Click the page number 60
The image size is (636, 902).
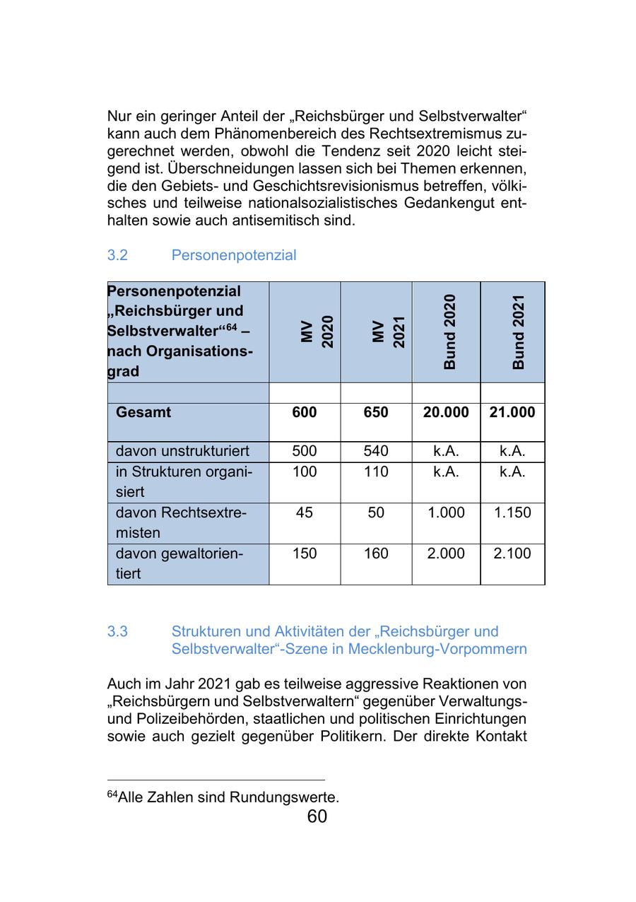317,817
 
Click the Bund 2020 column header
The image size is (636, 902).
449,332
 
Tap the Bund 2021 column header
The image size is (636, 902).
519,332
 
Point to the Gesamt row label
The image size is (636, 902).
143,412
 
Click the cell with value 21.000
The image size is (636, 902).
512,412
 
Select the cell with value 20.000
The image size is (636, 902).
446,412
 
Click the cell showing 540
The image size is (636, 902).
376,451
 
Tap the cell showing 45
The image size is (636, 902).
305,512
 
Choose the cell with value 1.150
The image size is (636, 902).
512,512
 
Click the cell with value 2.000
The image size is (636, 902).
446,553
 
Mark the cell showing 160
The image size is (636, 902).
376,553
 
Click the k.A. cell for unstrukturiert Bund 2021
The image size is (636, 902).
512,451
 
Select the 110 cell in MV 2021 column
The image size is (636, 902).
376,471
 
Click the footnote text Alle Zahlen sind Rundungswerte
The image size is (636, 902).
228,797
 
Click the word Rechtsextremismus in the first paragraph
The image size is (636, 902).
438,133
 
